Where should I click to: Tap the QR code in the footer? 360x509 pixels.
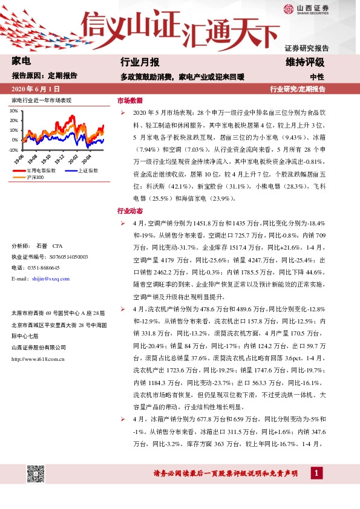point(35,474)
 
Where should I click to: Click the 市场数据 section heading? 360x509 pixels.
point(129,100)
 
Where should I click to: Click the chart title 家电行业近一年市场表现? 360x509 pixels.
point(41,100)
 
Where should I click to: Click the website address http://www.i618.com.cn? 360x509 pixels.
point(38,358)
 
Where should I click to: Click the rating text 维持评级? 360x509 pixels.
point(305,62)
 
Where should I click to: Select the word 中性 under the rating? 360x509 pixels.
point(317,77)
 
